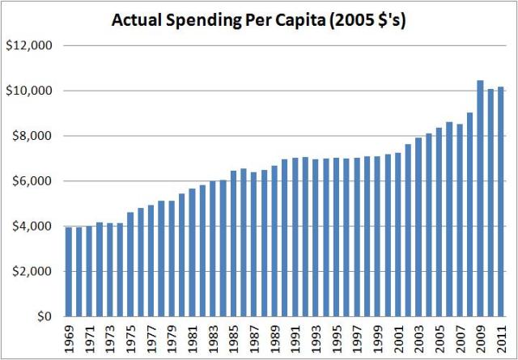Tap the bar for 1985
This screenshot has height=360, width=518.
(233, 244)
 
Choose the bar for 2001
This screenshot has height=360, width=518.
(397, 235)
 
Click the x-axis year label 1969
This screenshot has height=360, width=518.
(69, 337)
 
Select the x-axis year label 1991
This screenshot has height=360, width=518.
(295, 337)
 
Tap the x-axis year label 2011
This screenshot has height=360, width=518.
(500, 337)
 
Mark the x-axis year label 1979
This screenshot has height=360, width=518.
(172, 337)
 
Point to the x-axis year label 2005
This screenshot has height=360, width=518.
(439, 337)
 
